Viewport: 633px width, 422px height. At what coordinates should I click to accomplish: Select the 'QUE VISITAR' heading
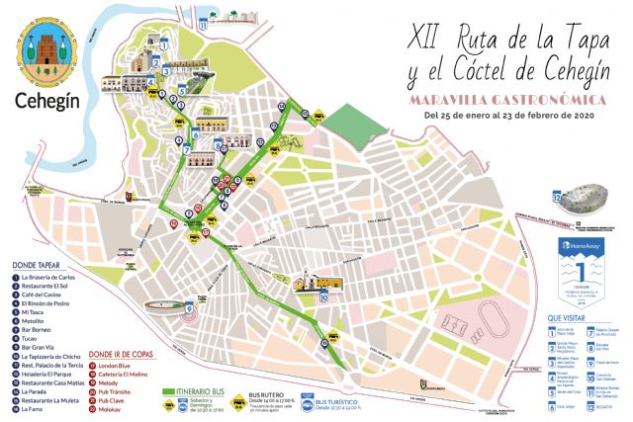coord(566,317)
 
